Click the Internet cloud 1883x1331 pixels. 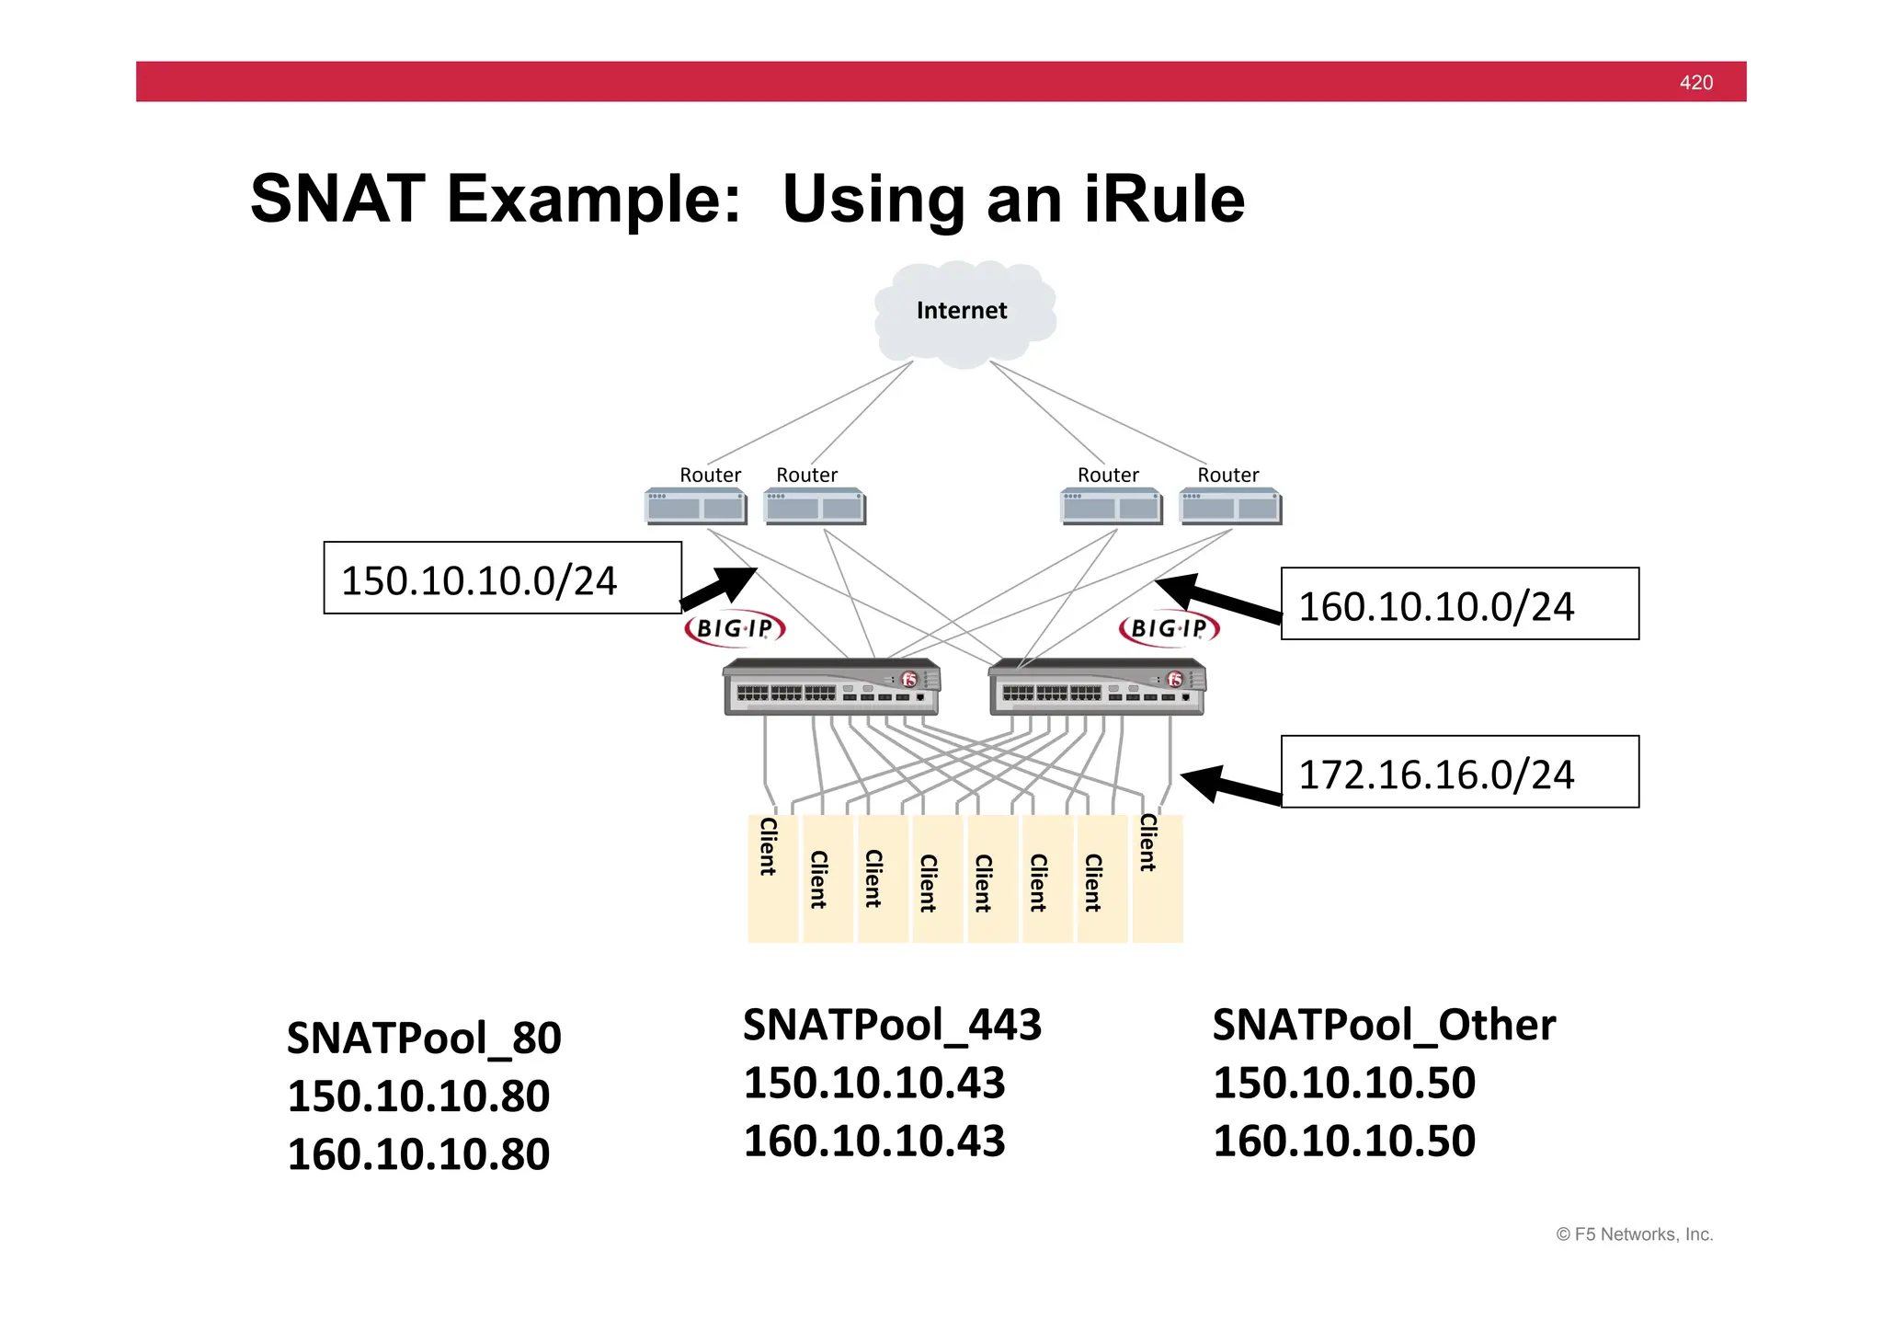coord(963,313)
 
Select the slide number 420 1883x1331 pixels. coord(1695,83)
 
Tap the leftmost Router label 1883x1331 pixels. coord(710,475)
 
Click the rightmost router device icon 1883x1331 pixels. coord(1230,507)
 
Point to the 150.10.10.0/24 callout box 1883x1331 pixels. coord(502,578)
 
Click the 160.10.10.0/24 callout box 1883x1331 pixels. coord(1459,604)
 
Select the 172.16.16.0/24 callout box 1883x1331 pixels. coord(1459,773)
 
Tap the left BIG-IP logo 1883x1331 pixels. coord(735,628)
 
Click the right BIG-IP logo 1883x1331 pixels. coord(1169,628)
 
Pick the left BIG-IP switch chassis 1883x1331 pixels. coord(831,687)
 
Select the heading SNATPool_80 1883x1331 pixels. coord(424,1038)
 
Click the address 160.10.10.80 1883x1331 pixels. coord(418,1154)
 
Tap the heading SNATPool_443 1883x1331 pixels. coord(892,1025)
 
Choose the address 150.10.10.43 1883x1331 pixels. coord(873,1083)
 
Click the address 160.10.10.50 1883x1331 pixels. coord(1343,1142)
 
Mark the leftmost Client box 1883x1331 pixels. coord(771,878)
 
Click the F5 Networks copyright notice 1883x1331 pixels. coord(1634,1234)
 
